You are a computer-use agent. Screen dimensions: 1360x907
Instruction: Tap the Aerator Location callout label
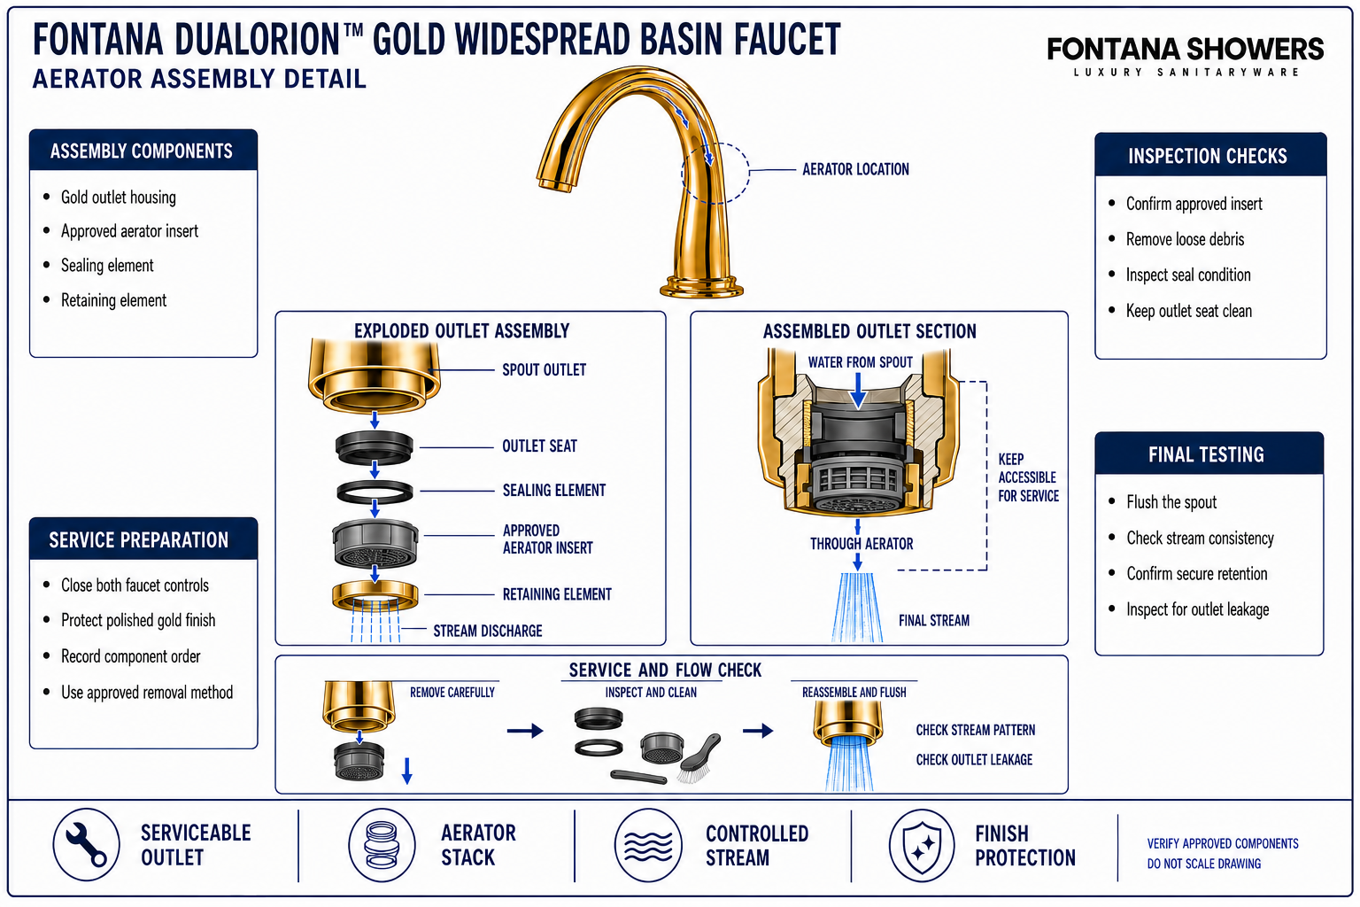click(x=855, y=169)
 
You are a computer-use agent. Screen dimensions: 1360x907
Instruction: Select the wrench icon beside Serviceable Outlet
click(x=86, y=844)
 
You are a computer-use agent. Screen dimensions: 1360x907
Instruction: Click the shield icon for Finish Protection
click(x=922, y=845)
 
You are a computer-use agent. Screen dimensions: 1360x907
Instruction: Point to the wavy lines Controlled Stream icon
click(x=648, y=845)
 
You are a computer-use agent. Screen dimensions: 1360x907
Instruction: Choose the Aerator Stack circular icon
click(x=382, y=844)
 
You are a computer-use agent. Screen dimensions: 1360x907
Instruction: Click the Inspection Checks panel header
click(x=1210, y=156)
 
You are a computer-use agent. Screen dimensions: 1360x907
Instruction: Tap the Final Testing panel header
click(x=1209, y=453)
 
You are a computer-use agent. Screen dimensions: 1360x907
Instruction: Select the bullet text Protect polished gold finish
click(x=138, y=620)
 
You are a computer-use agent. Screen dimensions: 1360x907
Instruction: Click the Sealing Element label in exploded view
click(x=553, y=490)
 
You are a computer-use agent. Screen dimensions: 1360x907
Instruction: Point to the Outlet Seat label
click(x=539, y=446)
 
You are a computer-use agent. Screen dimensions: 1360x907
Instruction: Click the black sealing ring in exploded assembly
click(x=375, y=492)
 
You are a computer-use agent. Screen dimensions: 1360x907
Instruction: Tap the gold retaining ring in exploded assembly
click(x=375, y=594)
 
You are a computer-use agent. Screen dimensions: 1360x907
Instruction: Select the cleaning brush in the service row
click(x=699, y=757)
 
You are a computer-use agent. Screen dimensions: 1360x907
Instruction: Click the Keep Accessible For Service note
click(x=1028, y=477)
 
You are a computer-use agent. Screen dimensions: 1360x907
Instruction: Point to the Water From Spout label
click(x=860, y=362)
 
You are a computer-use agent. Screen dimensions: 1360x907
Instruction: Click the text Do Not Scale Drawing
click(x=1203, y=864)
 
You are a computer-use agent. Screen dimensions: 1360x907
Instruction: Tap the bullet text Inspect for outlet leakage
click(x=1197, y=609)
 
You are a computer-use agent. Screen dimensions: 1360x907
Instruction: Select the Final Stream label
click(x=934, y=620)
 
